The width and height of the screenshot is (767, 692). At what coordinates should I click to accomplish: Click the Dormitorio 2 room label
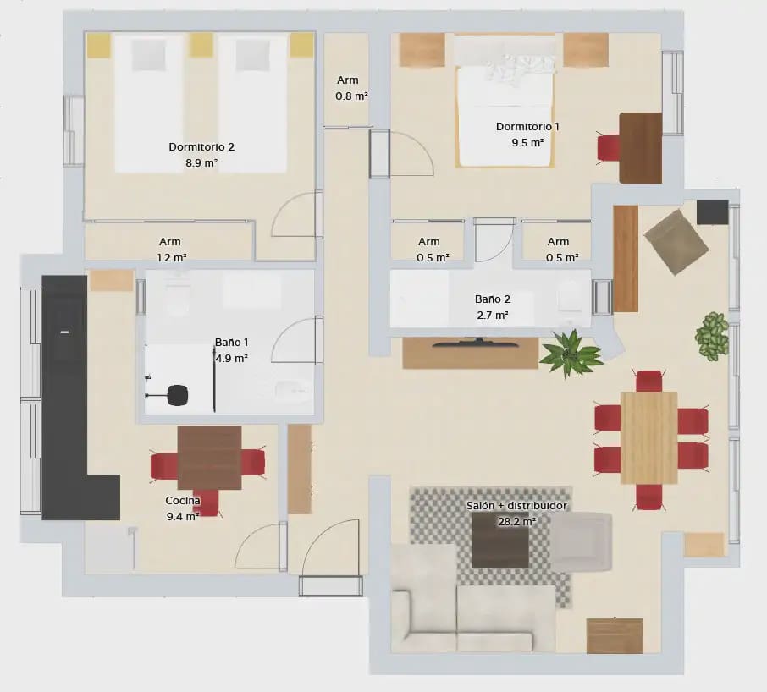[x=201, y=146]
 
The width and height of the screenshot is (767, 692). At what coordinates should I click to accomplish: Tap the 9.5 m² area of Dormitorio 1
[x=527, y=143]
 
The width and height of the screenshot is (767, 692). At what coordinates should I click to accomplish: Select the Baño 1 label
[x=231, y=343]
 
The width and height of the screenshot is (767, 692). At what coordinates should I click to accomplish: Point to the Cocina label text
[x=183, y=500]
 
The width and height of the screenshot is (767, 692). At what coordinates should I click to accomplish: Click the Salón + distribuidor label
[x=516, y=506]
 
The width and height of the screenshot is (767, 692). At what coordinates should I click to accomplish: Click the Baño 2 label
[x=492, y=299]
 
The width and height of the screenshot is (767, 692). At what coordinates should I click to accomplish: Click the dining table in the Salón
[x=648, y=437]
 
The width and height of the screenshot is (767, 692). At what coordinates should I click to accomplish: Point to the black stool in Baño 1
[x=177, y=395]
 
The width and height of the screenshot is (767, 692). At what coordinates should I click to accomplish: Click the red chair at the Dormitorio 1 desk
[x=609, y=147]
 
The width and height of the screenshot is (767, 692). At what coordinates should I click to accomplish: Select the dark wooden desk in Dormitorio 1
[x=640, y=147]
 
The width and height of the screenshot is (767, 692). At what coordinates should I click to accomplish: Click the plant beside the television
[x=571, y=353]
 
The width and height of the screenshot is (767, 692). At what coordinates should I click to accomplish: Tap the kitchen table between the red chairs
[x=209, y=458]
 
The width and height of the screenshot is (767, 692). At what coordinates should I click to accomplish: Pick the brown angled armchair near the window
[x=676, y=242]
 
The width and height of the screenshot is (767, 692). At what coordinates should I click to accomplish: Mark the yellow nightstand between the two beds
[x=201, y=45]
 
